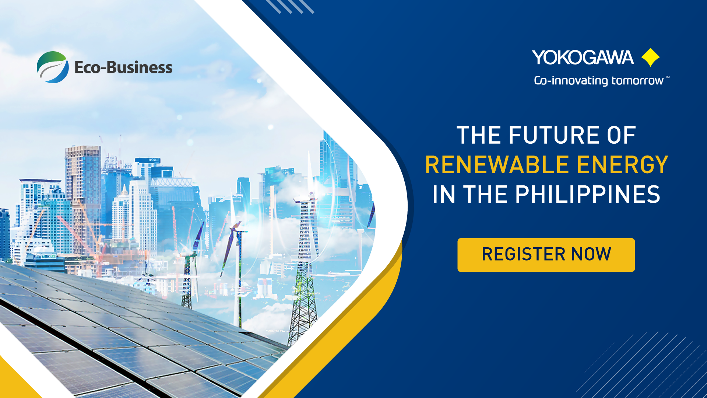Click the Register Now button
546,255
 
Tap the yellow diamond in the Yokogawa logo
650,57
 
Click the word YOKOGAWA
583,58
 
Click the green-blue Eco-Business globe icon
53,67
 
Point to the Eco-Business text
123,67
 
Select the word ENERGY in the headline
622,165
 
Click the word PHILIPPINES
587,195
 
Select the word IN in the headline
444,195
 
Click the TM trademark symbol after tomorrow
668,77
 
